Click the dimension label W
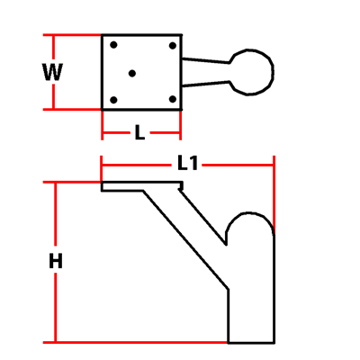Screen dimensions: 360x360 pyautogui.click(x=52, y=72)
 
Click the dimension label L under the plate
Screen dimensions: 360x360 pyautogui.click(x=139, y=132)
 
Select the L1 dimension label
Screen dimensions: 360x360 pyautogui.click(x=187, y=164)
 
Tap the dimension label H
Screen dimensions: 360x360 pyautogui.click(x=56, y=261)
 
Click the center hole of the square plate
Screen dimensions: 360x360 pyautogui.click(x=132, y=73)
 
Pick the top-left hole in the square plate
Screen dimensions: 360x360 pyautogui.click(x=113, y=45)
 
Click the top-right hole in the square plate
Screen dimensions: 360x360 pyautogui.click(x=173, y=46)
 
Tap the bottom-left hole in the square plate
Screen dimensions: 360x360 pyautogui.click(x=113, y=100)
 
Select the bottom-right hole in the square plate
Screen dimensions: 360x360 pyautogui.click(x=172, y=99)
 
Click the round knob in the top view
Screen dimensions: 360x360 pyautogui.click(x=252, y=72)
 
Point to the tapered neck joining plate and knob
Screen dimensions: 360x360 pyautogui.click(x=205, y=72)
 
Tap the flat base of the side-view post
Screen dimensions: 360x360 pyautogui.click(x=251, y=342)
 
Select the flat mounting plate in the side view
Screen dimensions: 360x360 pyautogui.click(x=141, y=186)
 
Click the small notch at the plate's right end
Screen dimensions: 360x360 pyautogui.click(x=181, y=187)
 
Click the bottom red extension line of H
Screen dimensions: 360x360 pyautogui.click(x=135, y=342)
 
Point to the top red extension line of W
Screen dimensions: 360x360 pyautogui.click(x=72, y=35)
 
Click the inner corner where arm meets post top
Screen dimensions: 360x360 pyautogui.click(x=226, y=244)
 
